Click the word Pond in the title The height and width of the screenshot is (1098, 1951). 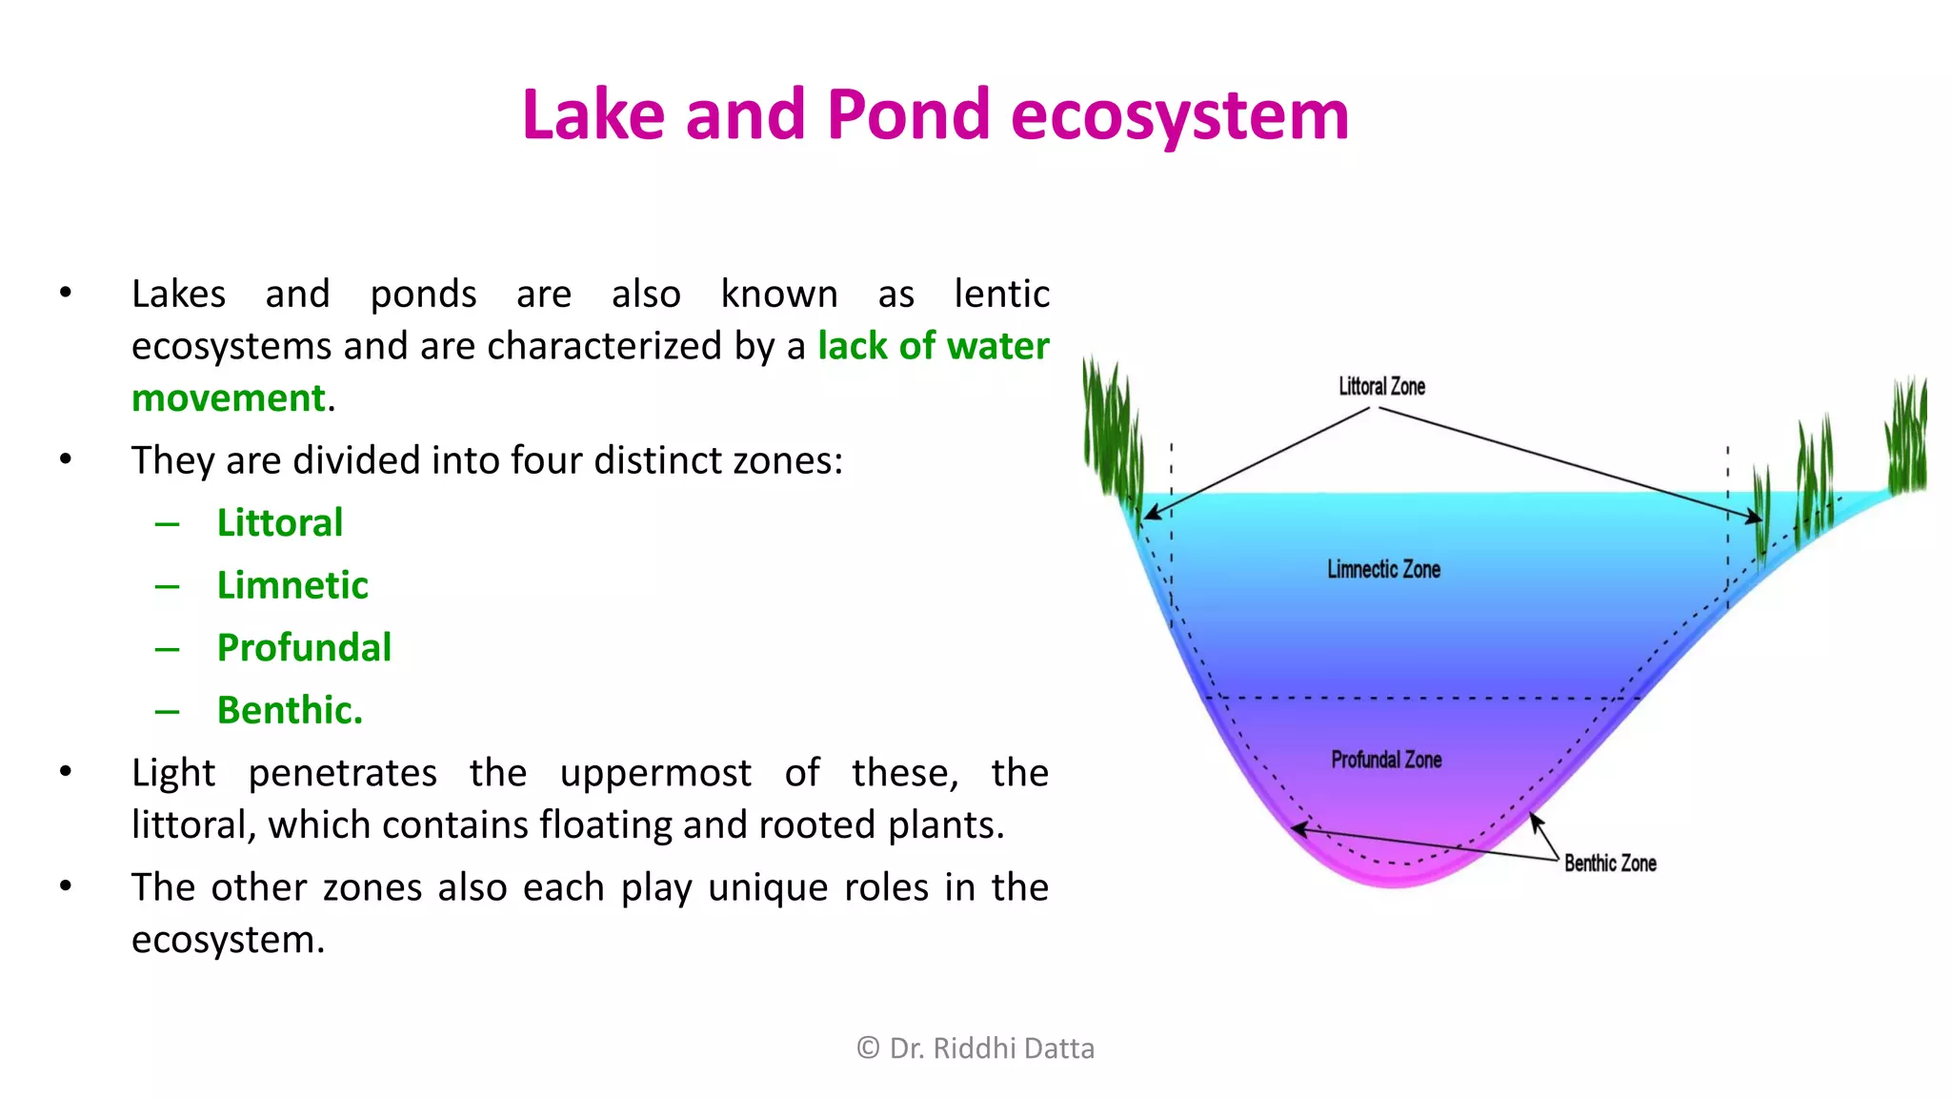(x=909, y=115)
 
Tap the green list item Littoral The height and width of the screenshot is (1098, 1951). (x=279, y=522)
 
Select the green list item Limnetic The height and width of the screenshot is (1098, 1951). (x=292, y=585)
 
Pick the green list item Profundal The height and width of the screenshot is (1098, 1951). (x=304, y=648)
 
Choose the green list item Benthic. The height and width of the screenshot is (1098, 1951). (x=290, y=710)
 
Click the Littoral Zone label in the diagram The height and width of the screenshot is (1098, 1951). (x=1381, y=386)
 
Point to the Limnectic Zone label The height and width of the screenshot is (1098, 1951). (x=1383, y=569)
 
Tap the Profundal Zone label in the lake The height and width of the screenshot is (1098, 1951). (x=1386, y=760)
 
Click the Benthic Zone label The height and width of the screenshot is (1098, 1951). (x=1610, y=863)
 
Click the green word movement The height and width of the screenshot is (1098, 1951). (x=229, y=398)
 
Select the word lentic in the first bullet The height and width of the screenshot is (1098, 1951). (x=1001, y=294)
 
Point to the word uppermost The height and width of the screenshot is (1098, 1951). (x=655, y=773)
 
